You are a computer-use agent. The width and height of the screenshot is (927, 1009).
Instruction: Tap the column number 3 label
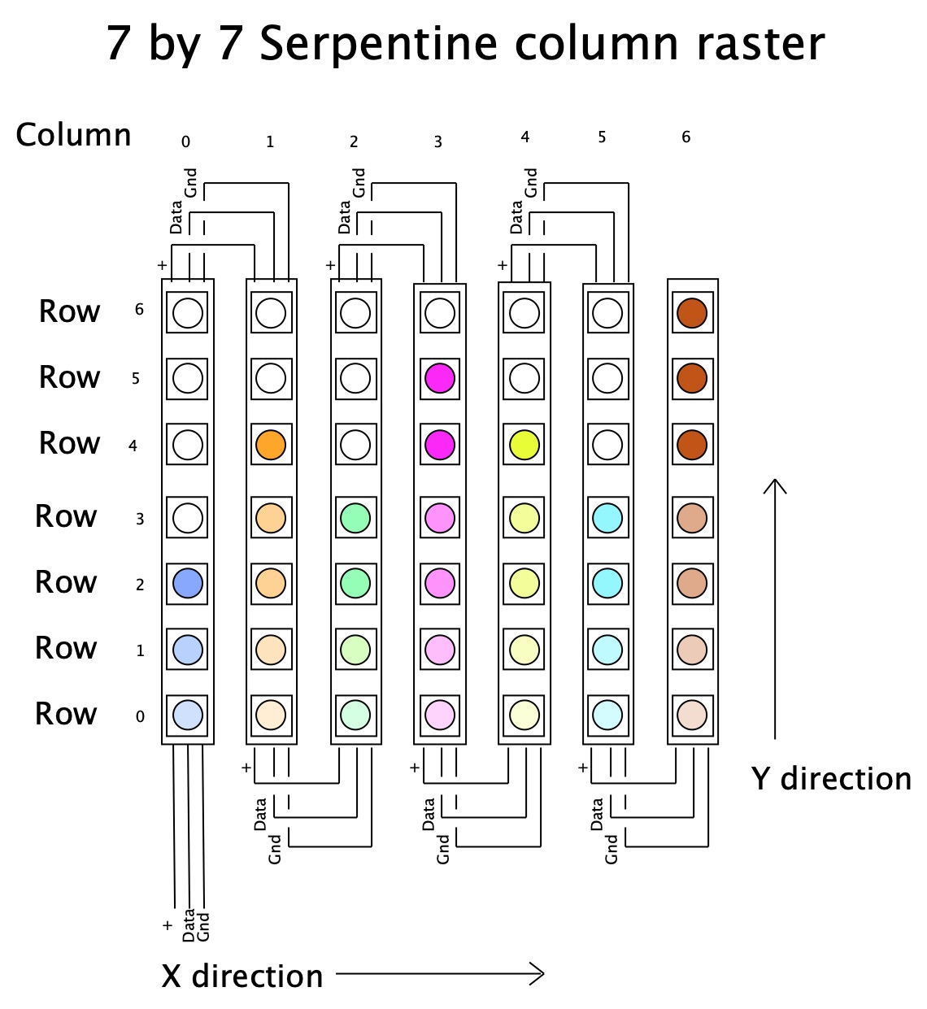[x=437, y=142]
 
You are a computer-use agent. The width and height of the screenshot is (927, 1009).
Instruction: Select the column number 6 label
[x=686, y=137]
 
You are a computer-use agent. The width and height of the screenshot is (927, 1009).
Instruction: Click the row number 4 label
[x=133, y=446]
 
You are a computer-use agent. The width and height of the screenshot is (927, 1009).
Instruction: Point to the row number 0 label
[x=140, y=716]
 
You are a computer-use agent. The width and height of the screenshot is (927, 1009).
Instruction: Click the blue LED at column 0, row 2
[x=188, y=584]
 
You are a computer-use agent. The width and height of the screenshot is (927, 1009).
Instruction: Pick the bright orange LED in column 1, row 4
[x=271, y=445]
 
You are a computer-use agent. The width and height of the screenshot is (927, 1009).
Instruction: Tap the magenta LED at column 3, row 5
[x=440, y=378]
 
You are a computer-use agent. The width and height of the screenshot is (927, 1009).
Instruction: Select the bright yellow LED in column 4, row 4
[x=524, y=445]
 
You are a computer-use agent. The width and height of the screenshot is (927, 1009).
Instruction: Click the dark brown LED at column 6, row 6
[x=692, y=313]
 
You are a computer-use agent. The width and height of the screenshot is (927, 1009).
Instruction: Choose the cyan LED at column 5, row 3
[x=607, y=518]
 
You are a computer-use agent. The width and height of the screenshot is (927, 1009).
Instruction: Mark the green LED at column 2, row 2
[x=355, y=584]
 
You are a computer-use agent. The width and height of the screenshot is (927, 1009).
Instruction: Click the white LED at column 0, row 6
[x=188, y=313]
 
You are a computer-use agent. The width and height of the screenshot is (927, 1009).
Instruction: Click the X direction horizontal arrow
[x=440, y=973]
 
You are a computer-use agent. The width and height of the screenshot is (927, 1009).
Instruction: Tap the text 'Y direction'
[x=831, y=779]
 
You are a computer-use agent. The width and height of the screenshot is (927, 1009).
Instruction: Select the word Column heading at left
[x=73, y=135]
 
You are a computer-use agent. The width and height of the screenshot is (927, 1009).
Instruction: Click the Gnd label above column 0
[x=190, y=183]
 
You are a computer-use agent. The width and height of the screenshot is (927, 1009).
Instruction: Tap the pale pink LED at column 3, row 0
[x=440, y=715]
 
